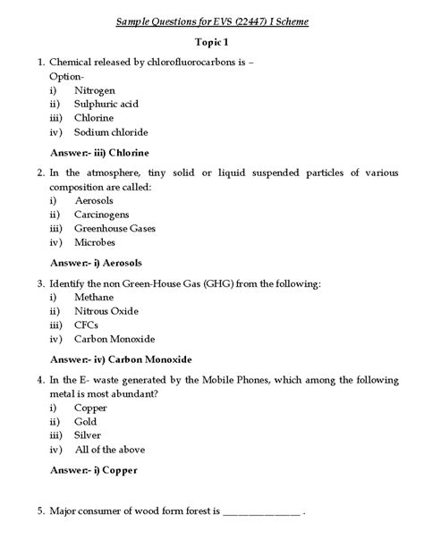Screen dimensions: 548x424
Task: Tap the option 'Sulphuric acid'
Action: click(106, 104)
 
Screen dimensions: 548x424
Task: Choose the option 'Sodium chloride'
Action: click(112, 132)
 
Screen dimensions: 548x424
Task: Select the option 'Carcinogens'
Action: click(102, 215)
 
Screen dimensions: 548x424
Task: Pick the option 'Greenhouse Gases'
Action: click(115, 228)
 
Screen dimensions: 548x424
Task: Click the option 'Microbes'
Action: click(96, 242)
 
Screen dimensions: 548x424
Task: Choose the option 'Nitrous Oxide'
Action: click(107, 311)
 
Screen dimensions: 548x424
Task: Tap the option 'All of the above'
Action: click(110, 450)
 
